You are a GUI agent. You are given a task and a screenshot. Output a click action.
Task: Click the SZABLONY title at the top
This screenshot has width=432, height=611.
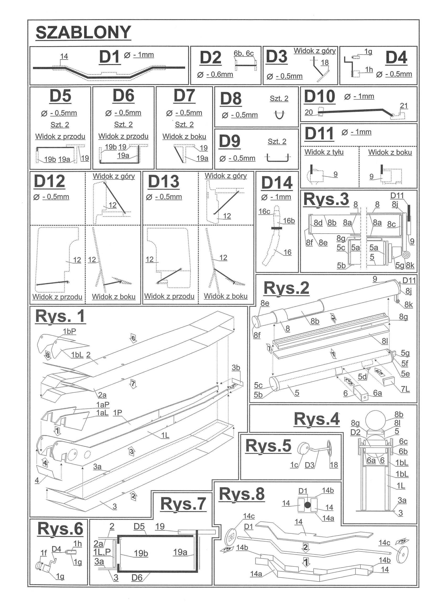coord(83,32)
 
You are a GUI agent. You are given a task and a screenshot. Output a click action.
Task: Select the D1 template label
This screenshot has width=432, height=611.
coord(109,57)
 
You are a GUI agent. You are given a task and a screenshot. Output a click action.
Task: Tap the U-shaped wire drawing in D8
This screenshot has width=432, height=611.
coord(279,115)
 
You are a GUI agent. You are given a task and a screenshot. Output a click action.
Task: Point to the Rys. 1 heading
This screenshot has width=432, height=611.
coord(60,316)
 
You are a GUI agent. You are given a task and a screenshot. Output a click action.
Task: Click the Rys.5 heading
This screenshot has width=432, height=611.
coord(268,446)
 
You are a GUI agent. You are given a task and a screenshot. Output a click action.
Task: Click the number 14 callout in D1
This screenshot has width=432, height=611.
coord(64,56)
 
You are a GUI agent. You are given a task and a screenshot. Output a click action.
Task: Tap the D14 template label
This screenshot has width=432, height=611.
coord(277,183)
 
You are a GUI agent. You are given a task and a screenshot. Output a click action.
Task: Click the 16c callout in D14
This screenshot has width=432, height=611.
coord(264,211)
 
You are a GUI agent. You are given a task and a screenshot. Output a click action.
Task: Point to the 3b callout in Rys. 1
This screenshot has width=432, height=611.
coord(236,368)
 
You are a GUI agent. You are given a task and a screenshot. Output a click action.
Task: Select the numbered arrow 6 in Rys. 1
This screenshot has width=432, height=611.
coord(133,338)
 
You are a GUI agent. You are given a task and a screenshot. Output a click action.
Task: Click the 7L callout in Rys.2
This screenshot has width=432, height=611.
coord(405,389)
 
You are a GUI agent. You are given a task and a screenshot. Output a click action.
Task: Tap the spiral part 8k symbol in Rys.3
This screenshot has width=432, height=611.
coord(406,255)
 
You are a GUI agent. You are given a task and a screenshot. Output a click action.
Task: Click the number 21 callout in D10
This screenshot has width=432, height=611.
coord(404,106)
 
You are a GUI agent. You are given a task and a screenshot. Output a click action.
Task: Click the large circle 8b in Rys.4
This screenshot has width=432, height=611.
coord(375,420)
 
